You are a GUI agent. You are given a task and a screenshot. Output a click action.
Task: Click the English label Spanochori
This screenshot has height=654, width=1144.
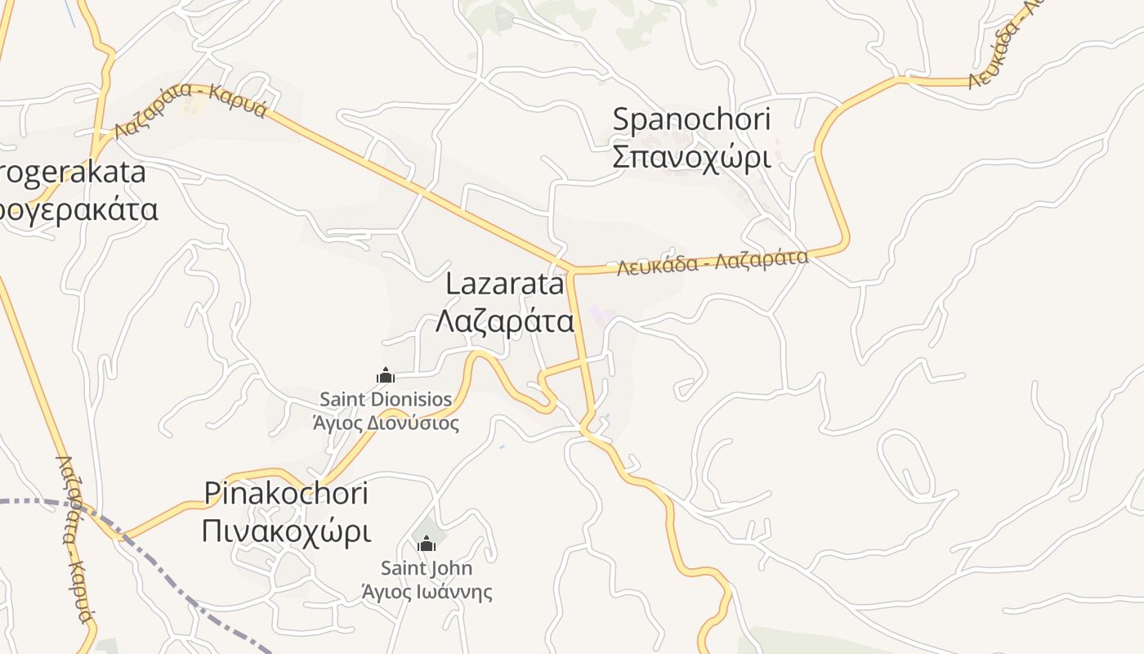(691, 119)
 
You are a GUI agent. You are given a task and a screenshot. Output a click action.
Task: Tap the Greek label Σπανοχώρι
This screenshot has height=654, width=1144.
(691, 156)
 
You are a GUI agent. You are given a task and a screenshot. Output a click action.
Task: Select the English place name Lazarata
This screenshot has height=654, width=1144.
(505, 284)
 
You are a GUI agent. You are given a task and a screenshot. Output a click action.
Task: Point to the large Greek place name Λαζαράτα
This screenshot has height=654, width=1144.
(505, 321)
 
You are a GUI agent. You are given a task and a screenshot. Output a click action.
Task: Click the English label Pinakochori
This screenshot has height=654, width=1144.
(286, 493)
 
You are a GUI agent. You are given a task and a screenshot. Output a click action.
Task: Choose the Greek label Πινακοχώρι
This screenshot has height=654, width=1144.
(286, 531)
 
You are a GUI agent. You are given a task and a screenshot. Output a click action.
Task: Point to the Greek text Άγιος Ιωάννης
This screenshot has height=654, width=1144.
(427, 590)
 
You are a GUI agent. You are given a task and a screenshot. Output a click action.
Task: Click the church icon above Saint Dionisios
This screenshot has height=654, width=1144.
(386, 376)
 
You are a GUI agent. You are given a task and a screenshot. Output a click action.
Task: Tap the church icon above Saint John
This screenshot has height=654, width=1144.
(427, 544)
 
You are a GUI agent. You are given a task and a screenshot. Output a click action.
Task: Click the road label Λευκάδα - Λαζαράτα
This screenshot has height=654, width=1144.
(713, 262)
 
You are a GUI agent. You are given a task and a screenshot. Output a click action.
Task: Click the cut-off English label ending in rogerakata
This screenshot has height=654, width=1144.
(74, 172)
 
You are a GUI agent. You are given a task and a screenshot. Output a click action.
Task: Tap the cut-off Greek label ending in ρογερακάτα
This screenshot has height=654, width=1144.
(78, 209)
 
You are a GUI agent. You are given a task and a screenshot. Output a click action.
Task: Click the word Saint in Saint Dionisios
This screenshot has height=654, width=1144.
(342, 400)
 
